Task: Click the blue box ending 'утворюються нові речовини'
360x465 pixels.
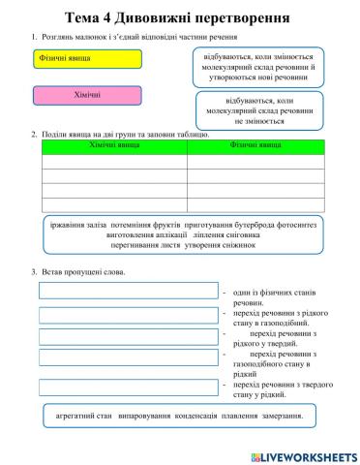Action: (x=263, y=63)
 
